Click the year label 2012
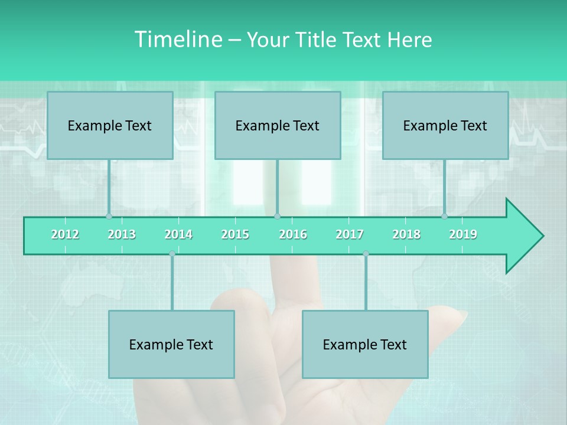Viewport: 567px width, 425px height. pyautogui.click(x=65, y=234)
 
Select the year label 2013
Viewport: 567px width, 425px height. pyautogui.click(x=122, y=234)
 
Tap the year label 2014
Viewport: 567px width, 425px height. pyautogui.click(x=178, y=234)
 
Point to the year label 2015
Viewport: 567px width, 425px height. pyautogui.click(x=235, y=234)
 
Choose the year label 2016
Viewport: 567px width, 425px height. pyautogui.click(x=293, y=234)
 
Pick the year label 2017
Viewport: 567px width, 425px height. pyautogui.click(x=350, y=234)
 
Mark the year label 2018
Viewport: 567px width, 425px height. pyautogui.click(x=406, y=234)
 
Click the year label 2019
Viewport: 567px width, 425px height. pyautogui.click(x=463, y=234)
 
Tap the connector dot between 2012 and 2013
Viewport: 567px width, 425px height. pyautogui.click(x=109, y=216)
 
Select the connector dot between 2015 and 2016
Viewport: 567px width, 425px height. pyautogui.click(x=277, y=216)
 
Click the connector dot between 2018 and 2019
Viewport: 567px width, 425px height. pyautogui.click(x=444, y=216)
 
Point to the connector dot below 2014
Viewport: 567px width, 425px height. pyautogui.click(x=172, y=254)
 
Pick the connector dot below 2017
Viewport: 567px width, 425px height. pyautogui.click(x=366, y=254)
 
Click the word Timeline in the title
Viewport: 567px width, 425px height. pyautogui.click(x=177, y=40)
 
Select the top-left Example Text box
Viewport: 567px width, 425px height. pyautogui.click(x=110, y=125)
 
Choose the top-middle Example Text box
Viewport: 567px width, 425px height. pyautogui.click(x=278, y=125)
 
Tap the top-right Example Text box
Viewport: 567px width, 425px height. pyautogui.click(x=445, y=125)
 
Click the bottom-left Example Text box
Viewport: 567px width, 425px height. pyautogui.click(x=171, y=344)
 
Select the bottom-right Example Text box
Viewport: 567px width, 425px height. pyautogui.click(x=365, y=344)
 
